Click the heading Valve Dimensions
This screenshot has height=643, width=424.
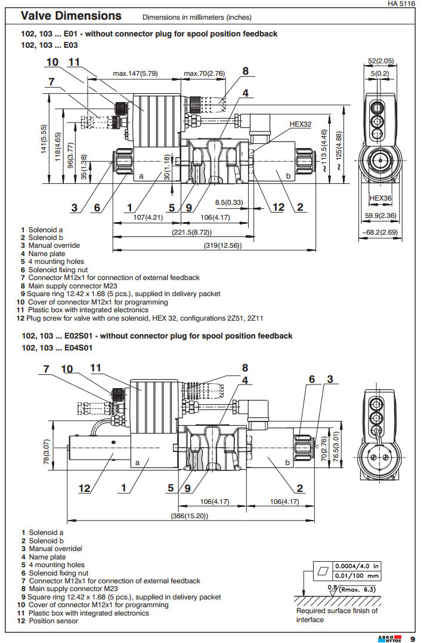(71, 16)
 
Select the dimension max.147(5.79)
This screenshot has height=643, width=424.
(135, 73)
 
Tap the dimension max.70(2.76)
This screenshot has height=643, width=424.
(205, 73)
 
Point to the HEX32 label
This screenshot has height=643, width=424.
(301, 124)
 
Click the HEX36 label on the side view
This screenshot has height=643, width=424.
(380, 198)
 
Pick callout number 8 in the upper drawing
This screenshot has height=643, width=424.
(245, 71)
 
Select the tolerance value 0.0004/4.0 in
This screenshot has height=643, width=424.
(357, 565)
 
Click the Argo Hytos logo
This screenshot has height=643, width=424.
(391, 638)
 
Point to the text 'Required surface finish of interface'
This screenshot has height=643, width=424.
(337, 615)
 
